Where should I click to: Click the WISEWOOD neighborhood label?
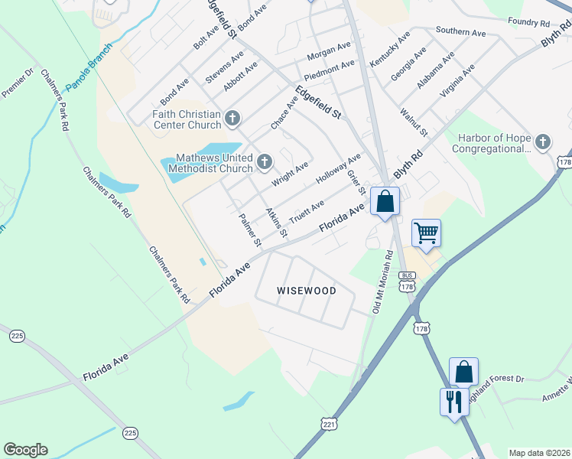[306, 291]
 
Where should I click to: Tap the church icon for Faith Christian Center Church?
[233, 119]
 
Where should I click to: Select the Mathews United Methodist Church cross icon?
[265, 161]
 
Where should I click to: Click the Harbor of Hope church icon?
[542, 142]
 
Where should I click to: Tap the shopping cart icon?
[426, 233]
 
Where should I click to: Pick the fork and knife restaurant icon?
[454, 402]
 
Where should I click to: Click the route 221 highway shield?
[329, 423]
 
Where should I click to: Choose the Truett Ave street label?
[306, 213]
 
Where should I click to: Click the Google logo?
[25, 450]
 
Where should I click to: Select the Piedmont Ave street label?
[329, 71]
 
